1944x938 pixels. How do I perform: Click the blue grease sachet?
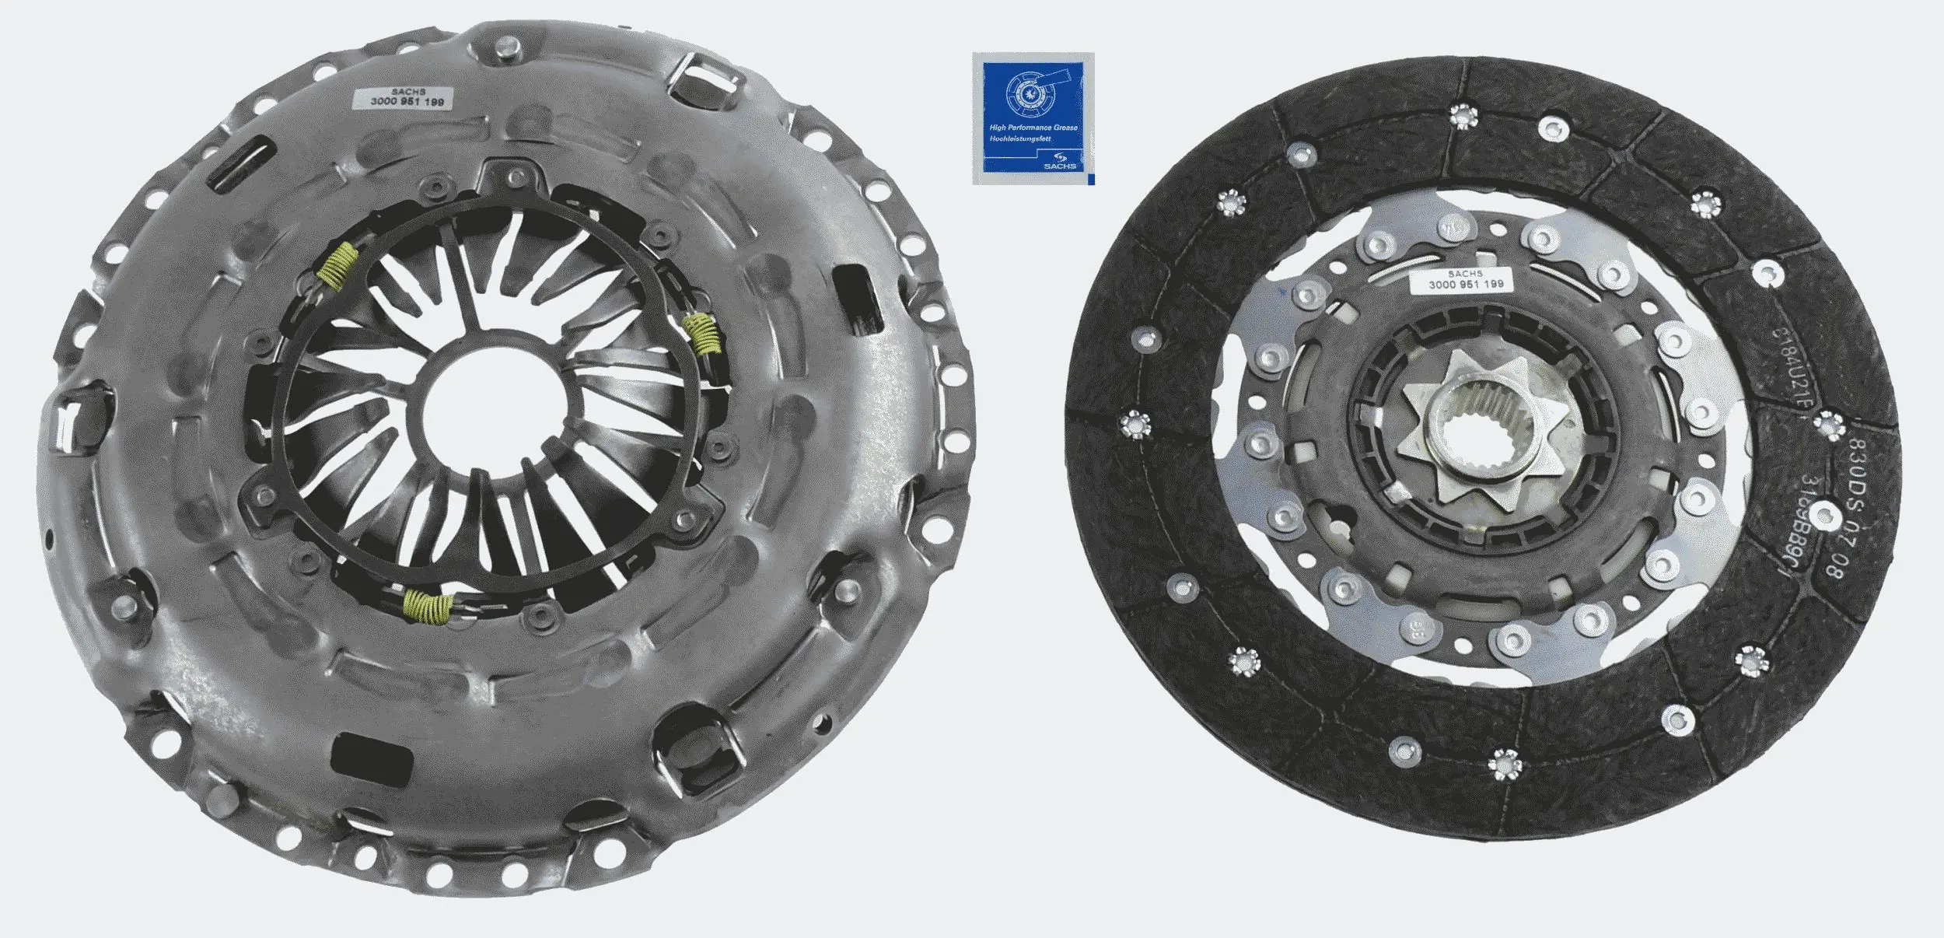[1033, 118]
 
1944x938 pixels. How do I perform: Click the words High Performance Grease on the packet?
[1033, 127]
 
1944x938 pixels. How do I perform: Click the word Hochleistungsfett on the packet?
[1020, 139]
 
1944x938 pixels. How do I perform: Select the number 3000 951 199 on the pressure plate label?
[407, 102]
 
